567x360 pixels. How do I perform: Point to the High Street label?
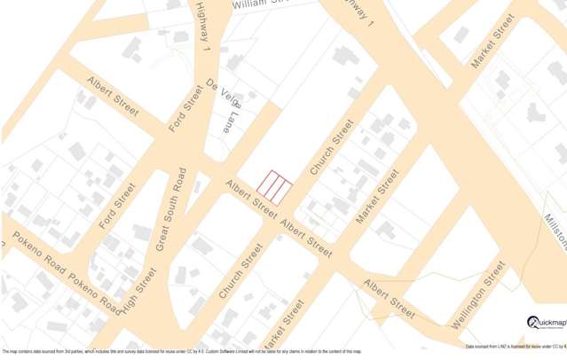pos(134,292)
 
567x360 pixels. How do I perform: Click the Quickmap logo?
pos(545,323)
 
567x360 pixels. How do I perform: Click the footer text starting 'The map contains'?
pos(182,352)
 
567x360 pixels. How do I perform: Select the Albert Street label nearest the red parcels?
pos(250,197)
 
